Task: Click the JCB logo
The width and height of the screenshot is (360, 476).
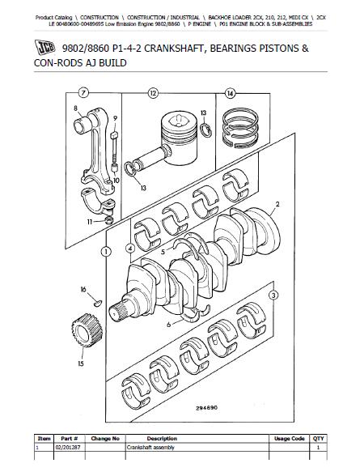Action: (44, 48)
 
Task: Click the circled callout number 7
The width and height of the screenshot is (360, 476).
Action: (83, 93)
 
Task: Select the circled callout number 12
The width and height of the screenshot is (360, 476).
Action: (153, 93)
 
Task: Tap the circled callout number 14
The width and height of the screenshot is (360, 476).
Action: (231, 93)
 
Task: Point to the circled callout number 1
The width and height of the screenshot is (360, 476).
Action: (105, 252)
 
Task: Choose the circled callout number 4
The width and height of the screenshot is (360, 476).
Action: (130, 249)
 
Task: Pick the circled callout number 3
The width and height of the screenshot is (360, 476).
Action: (273, 295)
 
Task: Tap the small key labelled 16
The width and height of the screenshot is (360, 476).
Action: (97, 303)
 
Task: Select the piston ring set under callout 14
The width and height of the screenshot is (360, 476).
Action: (240, 127)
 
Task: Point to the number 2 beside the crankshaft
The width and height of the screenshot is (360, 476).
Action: (277, 204)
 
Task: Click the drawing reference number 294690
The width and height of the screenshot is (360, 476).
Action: (206, 408)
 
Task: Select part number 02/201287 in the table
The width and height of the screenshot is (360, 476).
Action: (68, 447)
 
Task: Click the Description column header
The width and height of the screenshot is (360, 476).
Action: (162, 439)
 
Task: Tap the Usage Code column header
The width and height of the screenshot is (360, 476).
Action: (289, 439)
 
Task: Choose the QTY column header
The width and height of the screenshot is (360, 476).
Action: (318, 439)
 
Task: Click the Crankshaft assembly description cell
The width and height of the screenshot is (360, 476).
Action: (150, 447)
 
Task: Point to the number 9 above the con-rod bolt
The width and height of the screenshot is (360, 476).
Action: (115, 119)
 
